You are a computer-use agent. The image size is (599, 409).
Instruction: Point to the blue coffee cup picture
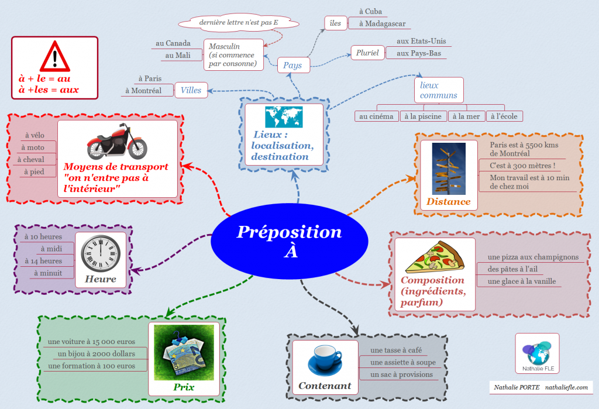pyautogui.click(x=325, y=360)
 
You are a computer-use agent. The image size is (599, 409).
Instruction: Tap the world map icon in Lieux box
pyautogui.click(x=284, y=117)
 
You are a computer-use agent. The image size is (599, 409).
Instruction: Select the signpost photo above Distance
pyautogui.click(x=449, y=169)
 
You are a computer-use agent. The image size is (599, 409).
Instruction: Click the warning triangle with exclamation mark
pyautogui.click(x=54, y=57)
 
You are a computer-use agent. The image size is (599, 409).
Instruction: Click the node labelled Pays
pyautogui.click(x=292, y=65)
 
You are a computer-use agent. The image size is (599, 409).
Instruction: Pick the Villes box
pyautogui.click(x=191, y=90)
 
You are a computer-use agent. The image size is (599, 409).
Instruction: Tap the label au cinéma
pyautogui.click(x=377, y=116)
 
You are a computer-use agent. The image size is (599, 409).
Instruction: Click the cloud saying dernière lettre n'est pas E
pyautogui.click(x=239, y=22)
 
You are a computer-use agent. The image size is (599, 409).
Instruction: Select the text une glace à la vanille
pyautogui.click(x=517, y=281)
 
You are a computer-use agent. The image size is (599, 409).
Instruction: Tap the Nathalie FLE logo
pyautogui.click(x=536, y=353)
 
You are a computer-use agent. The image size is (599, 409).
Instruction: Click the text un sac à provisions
pyautogui.click(x=402, y=374)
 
